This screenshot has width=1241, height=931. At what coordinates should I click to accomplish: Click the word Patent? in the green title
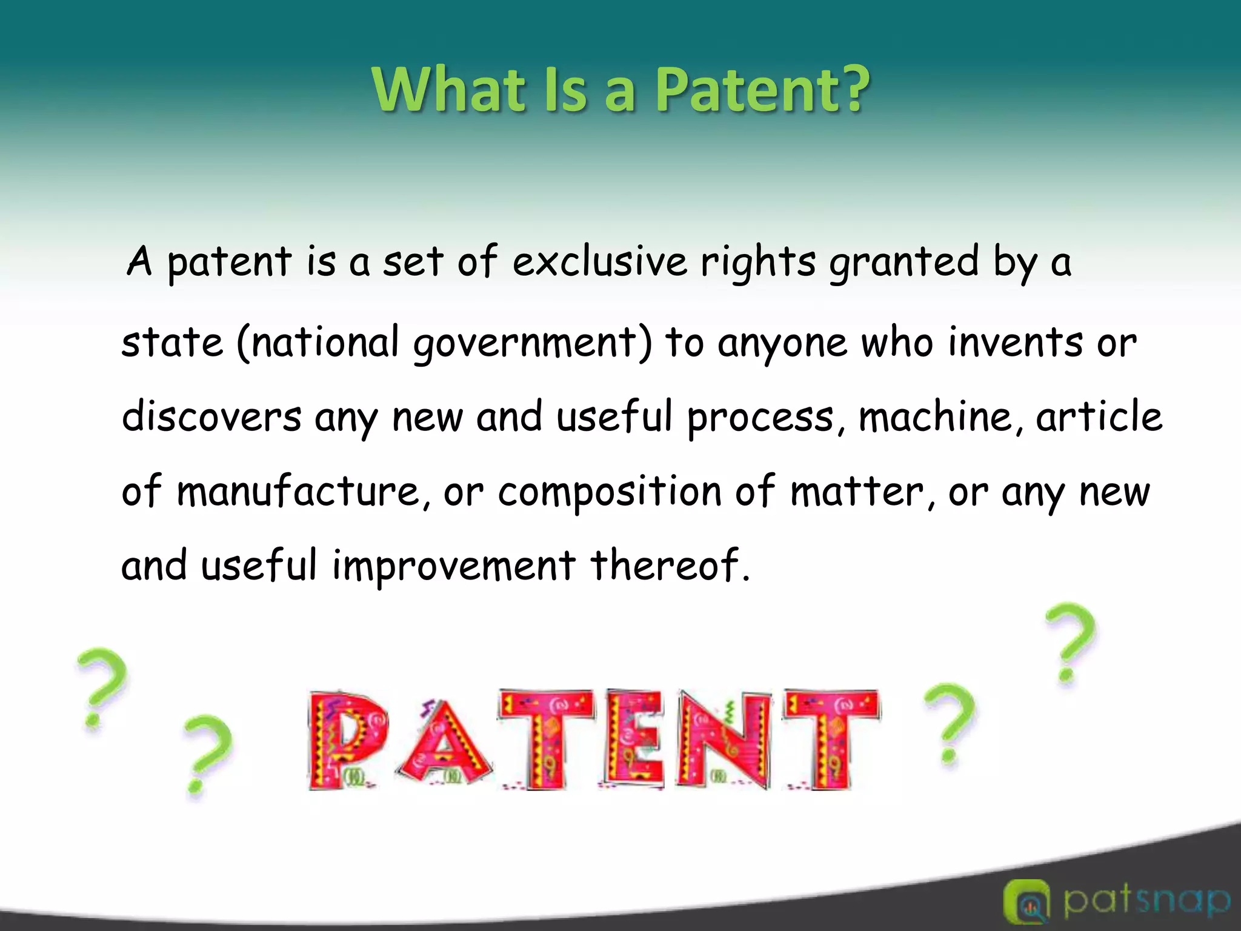coord(762,90)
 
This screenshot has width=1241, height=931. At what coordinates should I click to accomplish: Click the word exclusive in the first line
coord(600,262)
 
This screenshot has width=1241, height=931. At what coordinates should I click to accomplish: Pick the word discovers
coord(211,417)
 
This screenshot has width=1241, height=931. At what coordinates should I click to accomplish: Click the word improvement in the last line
coord(454,566)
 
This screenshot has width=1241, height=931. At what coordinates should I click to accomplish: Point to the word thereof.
coord(670,565)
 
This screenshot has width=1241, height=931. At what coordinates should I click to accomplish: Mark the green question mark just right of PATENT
coord(949,722)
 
